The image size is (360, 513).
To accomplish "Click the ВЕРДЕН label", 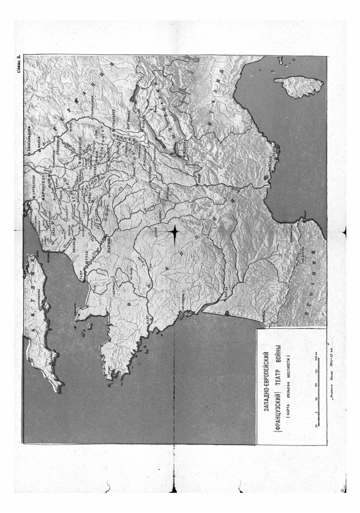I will [95, 171].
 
